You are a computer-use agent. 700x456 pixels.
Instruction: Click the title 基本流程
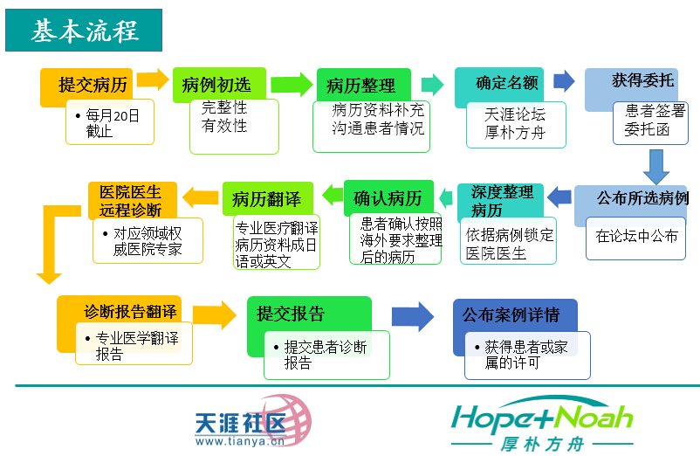click(x=85, y=31)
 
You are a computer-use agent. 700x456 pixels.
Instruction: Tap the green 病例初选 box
click(x=216, y=85)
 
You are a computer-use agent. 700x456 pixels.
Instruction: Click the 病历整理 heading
click(x=360, y=86)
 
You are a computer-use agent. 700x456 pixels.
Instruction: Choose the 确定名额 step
click(x=497, y=83)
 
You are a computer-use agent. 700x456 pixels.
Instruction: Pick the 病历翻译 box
click(x=266, y=198)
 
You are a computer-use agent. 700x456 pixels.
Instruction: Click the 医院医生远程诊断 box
click(x=130, y=200)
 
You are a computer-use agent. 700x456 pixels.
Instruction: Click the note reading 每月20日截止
click(x=111, y=122)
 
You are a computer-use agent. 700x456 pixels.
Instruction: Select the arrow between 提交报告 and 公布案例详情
click(x=412, y=317)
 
